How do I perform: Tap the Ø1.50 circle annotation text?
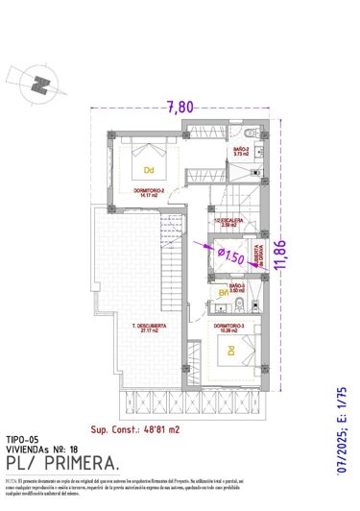(229, 254)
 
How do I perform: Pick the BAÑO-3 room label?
(236, 286)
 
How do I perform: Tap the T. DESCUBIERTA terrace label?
(149, 328)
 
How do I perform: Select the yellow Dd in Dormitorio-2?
(149, 169)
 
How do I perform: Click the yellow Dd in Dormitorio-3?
(231, 351)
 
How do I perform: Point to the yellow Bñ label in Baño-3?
(223, 292)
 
